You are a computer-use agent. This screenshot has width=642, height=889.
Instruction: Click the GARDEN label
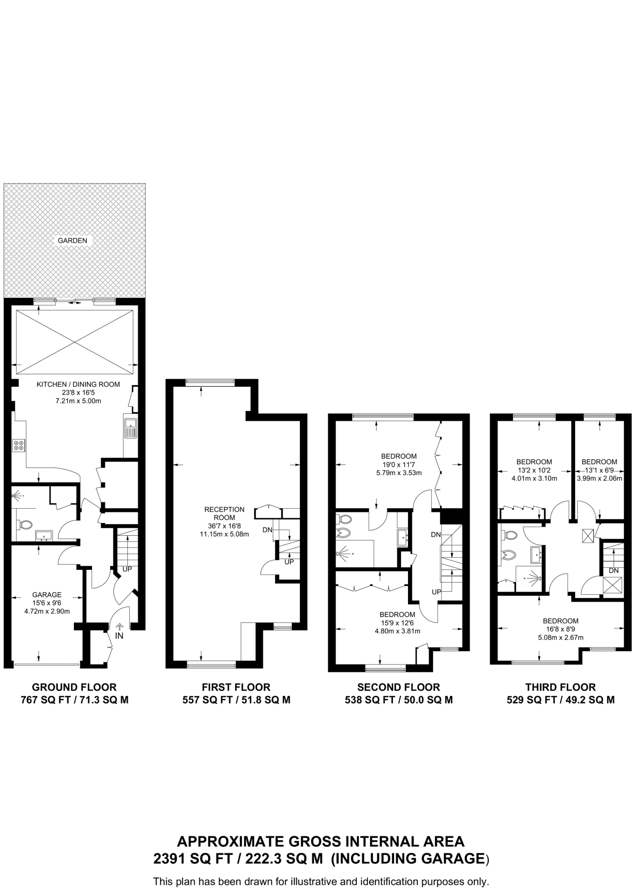click(72, 240)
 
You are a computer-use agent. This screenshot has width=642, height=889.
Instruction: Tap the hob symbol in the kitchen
click(19, 445)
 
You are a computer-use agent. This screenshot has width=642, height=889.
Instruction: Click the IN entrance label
click(119, 636)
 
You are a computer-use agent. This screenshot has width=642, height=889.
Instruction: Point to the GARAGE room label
click(47, 595)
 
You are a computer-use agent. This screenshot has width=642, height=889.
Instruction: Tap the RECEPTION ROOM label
click(224, 514)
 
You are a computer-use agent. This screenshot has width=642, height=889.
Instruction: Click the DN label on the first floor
click(267, 530)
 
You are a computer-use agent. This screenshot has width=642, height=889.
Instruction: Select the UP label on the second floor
click(436, 592)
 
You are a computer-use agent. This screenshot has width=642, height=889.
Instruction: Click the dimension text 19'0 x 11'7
click(398, 464)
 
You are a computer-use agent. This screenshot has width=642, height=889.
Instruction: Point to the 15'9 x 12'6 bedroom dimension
click(397, 623)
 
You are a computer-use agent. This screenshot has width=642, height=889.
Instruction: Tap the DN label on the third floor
click(613, 571)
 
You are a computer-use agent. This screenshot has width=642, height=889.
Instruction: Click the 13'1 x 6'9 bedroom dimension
click(599, 471)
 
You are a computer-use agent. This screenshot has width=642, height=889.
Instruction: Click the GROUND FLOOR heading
click(74, 687)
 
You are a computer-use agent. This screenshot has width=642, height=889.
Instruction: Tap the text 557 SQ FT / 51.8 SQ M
click(236, 700)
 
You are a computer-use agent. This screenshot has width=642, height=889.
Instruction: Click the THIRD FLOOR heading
click(560, 687)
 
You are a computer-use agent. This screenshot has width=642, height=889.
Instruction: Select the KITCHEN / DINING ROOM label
click(78, 385)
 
